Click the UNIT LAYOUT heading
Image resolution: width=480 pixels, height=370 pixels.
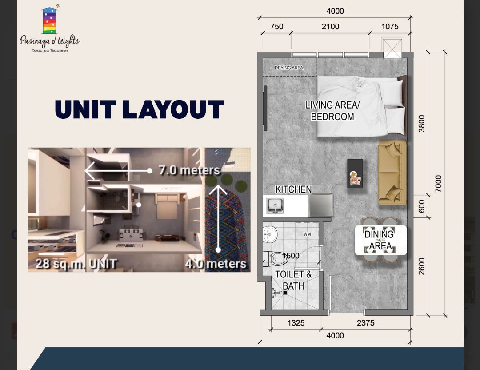pos(139,110)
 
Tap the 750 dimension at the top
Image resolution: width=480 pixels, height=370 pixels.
pos(276,27)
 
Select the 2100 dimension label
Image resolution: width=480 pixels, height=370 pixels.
pos(330,27)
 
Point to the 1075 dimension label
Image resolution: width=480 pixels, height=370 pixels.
pos(390,27)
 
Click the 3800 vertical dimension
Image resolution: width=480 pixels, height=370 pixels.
pos(421,124)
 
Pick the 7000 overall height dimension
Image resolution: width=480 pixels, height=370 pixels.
pos(438,184)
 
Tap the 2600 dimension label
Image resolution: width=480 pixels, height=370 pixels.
pos(421,266)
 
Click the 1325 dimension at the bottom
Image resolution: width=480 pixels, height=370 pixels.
pos(296,323)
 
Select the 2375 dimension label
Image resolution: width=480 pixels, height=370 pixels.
pos(366,323)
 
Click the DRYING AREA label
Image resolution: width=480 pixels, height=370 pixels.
pos(289,68)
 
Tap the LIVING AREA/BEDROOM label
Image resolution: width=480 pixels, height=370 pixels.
pos(332,111)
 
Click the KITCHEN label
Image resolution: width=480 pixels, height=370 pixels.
pos(293,189)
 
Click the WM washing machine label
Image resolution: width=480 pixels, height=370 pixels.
pos(307,234)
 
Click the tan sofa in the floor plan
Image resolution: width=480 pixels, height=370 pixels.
pos(392,172)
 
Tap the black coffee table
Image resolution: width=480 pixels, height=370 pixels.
pos(355,173)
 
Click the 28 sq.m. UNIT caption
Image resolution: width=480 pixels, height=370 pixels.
pos(76,264)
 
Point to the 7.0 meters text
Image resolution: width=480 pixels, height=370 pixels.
pos(189,170)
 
